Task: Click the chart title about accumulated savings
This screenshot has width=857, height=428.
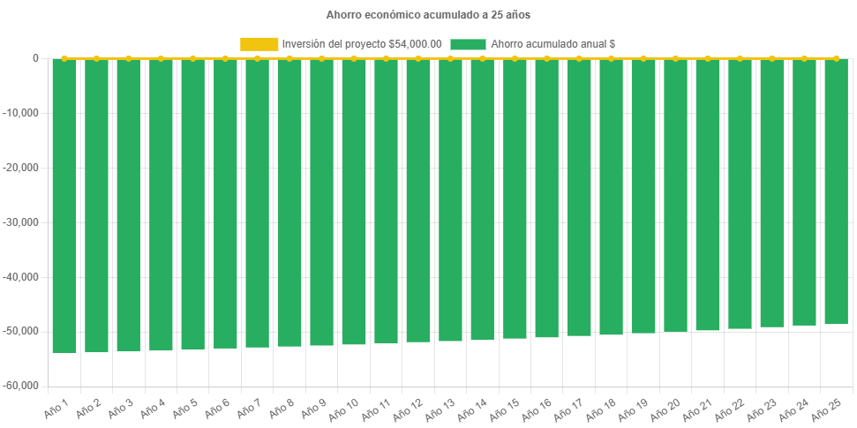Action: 428,15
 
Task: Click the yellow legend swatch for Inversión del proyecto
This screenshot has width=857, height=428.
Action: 259,44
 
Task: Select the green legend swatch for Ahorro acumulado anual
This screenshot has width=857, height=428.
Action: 468,44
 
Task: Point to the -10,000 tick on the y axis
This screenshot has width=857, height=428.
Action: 24,113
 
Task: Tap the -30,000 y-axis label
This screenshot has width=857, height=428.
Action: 24,222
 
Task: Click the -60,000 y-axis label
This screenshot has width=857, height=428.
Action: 24,386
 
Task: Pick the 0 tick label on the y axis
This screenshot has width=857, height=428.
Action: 35,58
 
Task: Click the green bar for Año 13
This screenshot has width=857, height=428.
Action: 450,199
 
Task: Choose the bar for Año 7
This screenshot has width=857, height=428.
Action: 257,203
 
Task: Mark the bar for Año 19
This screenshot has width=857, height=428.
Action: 643,196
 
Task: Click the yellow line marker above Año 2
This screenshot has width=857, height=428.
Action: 96,58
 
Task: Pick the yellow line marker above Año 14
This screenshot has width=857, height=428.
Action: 482,58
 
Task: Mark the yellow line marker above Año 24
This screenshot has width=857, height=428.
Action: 804,58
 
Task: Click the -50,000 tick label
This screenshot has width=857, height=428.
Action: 24,331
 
